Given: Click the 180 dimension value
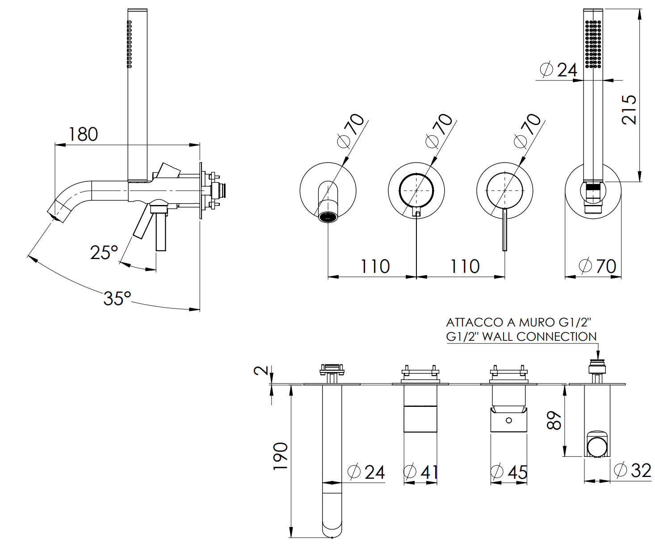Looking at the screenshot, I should coord(83,134).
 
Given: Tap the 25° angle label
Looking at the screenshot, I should coord(104,252).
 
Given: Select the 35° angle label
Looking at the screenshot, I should coord(117,298).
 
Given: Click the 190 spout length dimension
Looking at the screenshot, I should coord(281,456).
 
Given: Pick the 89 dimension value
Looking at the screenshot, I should coord(554,420).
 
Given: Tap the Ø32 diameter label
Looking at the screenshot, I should coord(633,470).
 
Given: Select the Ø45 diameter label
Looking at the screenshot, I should coord(509,472).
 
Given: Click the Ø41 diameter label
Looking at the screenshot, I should coord(421,472).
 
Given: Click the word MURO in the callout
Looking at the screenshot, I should coord(534,322).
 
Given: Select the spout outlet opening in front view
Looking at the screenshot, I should coord(328,217).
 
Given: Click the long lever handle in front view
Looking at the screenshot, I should coord(505,230).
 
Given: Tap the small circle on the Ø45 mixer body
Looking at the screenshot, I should coord(508,420).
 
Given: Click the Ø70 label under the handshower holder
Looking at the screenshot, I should coord(598,267).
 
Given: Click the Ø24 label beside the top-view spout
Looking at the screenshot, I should coord(366,472).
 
